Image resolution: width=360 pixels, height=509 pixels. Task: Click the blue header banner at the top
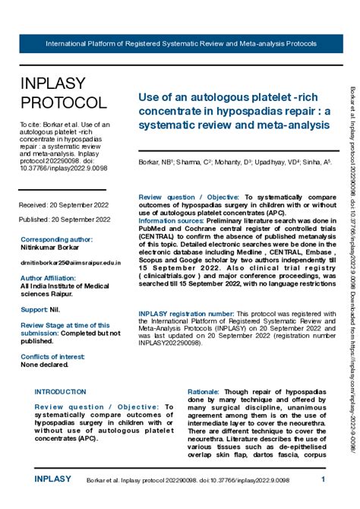pos(180,43)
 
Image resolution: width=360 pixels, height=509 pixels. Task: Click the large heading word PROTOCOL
pos(63,103)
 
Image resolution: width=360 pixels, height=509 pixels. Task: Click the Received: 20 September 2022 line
pos(64,205)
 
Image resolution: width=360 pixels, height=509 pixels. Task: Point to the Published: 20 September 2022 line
pos(64,220)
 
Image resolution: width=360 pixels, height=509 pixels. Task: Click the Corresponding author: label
pos(56,239)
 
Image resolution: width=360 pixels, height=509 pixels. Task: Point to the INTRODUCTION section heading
pos(61,391)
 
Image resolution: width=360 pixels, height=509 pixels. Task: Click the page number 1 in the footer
pos(323,479)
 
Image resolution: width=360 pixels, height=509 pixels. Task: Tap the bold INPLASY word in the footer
pos(53,479)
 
